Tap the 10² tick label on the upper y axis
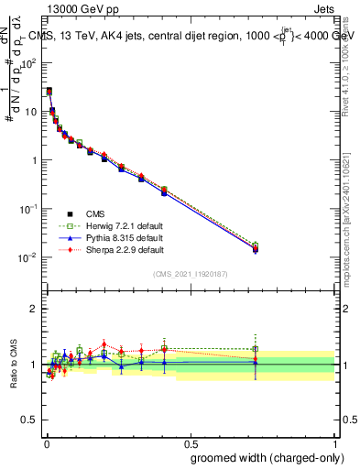28,63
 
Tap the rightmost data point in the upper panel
256,248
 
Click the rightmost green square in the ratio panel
256,349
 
